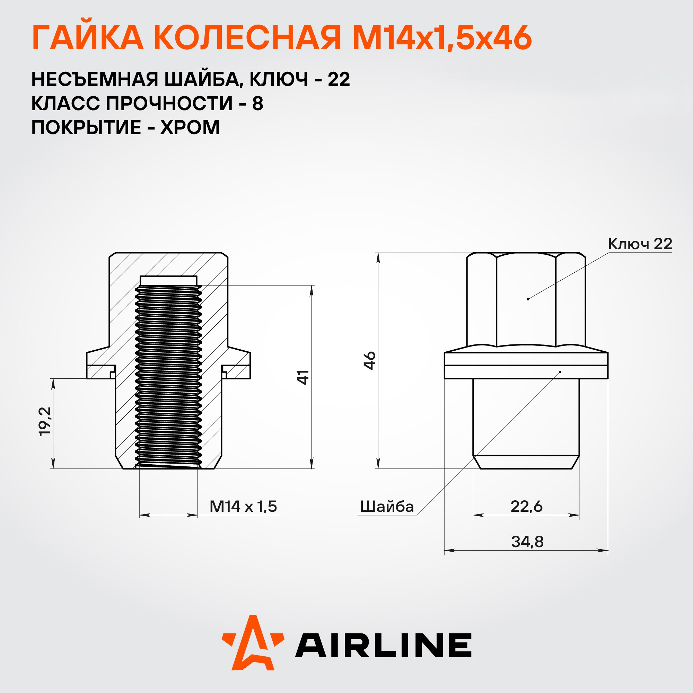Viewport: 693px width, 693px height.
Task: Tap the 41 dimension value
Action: pos(304,377)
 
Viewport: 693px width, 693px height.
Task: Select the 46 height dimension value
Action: pos(370,360)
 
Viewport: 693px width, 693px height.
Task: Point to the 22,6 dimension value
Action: pos(527,507)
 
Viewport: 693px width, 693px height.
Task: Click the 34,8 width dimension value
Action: pos(527,542)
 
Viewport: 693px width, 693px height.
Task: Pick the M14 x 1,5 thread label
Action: pos(243,507)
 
